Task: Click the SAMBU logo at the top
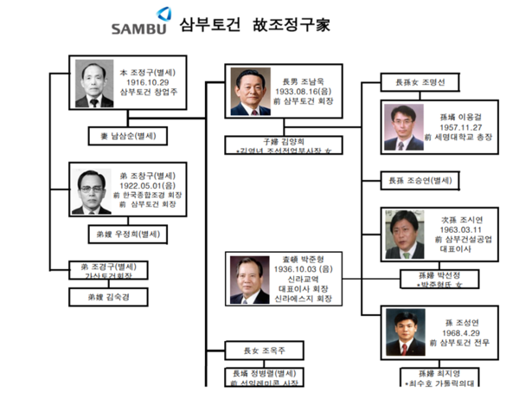[x=142, y=22]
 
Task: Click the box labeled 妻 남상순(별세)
[x=127, y=135]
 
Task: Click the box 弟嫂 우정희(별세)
[x=127, y=234]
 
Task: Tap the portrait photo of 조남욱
[x=250, y=92]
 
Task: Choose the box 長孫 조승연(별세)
[x=422, y=180]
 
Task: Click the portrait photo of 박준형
[x=251, y=279]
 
